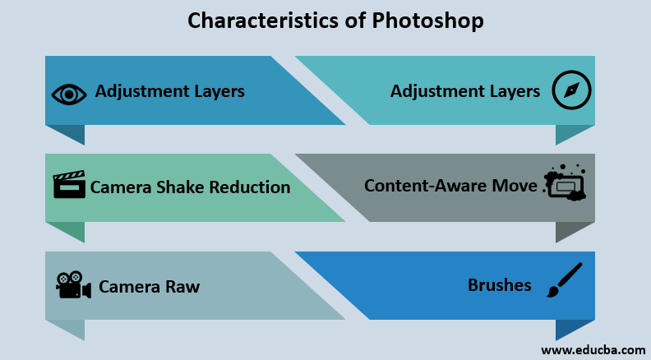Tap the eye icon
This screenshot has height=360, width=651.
(69, 93)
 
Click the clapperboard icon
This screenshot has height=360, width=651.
(69, 185)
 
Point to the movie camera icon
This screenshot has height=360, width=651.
(72, 285)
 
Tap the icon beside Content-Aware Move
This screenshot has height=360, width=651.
(565, 185)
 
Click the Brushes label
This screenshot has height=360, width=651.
(499, 286)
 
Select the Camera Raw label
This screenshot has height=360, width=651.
(149, 287)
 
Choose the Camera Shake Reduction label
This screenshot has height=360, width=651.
(190, 187)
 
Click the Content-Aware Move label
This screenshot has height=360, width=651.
(450, 186)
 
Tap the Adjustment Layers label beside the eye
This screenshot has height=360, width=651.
(169, 91)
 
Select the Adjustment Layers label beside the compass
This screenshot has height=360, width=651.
(465, 91)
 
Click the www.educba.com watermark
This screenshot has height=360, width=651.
(592, 350)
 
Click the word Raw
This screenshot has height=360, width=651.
(182, 287)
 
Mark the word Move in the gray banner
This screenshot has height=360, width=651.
(515, 186)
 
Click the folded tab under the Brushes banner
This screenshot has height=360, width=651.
(575, 328)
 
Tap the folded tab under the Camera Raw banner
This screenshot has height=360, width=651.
(65, 328)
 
